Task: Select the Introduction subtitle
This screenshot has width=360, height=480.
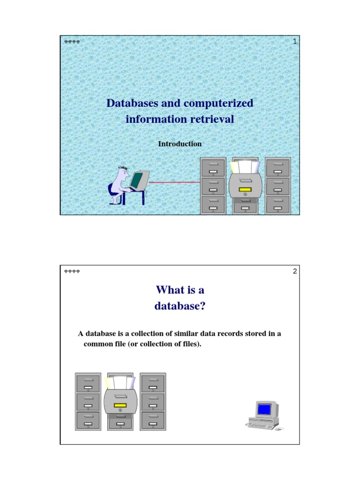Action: [180, 144]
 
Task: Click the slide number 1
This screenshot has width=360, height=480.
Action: [295, 42]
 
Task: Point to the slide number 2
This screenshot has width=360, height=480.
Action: [295, 271]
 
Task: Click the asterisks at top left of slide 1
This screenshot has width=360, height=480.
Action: [72, 42]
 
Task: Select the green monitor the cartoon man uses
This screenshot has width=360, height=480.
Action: [137, 180]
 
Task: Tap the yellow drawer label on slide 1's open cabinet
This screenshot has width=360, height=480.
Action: [245, 190]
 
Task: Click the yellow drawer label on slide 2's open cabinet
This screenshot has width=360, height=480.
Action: [120, 405]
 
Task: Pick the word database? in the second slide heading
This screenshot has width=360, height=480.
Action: [180, 307]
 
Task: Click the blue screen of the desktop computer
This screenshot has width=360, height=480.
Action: [264, 409]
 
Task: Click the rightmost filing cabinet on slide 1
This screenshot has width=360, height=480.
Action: [277, 185]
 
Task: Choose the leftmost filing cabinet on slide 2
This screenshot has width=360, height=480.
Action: [88, 401]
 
